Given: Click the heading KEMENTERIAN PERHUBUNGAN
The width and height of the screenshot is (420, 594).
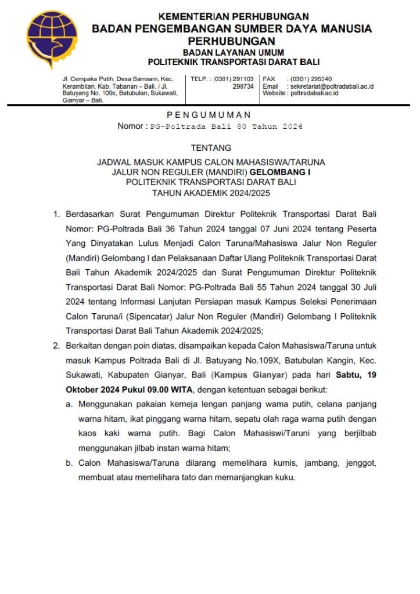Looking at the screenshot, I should (234, 16).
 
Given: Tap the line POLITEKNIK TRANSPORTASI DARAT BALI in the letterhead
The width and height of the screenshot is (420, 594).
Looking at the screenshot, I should (234, 62).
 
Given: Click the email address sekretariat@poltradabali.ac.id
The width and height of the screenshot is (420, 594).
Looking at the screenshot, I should (332, 86).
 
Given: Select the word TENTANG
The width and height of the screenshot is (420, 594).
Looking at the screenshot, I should (210, 148).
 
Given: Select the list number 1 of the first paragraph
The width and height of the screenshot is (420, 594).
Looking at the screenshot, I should (56, 215).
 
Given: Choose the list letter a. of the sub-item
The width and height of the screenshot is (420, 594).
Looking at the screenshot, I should (69, 403).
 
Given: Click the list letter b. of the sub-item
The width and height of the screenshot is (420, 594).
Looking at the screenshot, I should (69, 463).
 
